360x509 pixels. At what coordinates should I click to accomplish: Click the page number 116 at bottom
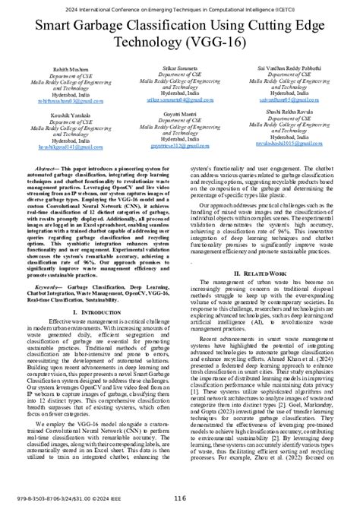[180, 498]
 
